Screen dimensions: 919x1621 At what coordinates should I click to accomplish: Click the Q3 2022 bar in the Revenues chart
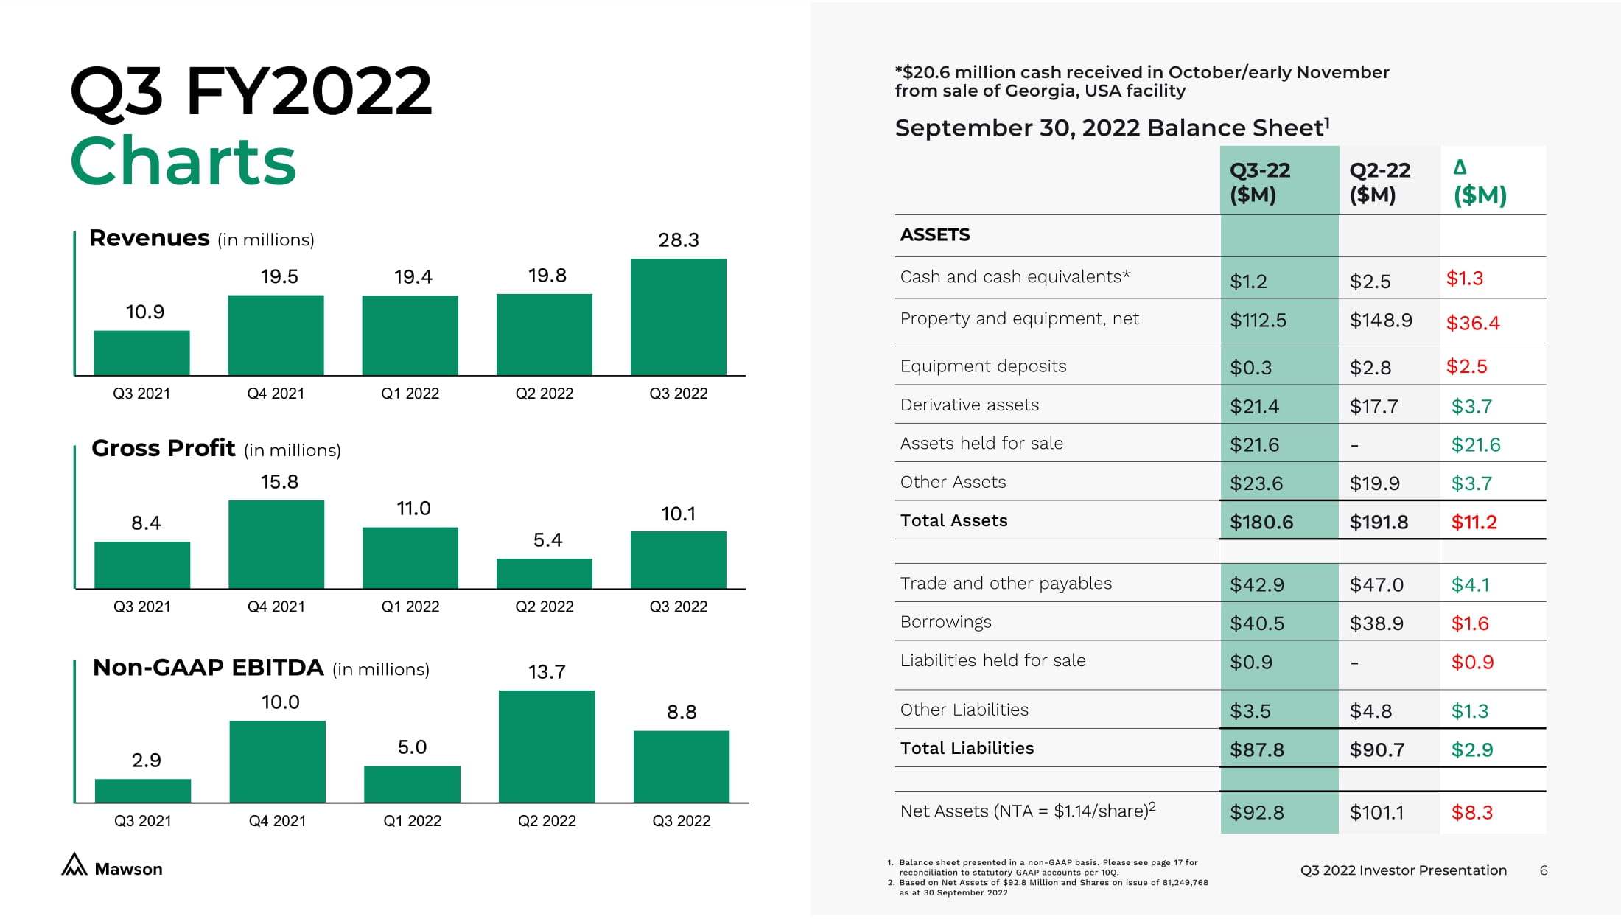click(x=678, y=317)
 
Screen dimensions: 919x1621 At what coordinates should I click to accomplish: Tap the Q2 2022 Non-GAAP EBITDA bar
click(x=546, y=746)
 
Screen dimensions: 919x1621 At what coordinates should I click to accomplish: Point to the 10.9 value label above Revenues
click(x=145, y=312)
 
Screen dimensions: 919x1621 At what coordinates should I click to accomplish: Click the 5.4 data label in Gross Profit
click(x=547, y=540)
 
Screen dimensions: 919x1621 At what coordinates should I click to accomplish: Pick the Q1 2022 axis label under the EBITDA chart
click(x=412, y=821)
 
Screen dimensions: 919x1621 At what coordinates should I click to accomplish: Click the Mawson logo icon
click(x=74, y=865)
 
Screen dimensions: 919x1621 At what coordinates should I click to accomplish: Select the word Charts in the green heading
click(x=183, y=161)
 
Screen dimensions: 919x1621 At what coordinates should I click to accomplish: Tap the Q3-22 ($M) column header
click(x=1259, y=182)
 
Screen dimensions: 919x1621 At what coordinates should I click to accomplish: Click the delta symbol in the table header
click(x=1460, y=167)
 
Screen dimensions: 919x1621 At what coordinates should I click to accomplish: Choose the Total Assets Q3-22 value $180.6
click(x=1261, y=523)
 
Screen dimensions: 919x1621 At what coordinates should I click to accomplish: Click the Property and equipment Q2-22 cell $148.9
click(x=1380, y=321)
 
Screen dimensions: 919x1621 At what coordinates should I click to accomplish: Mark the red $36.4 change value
click(x=1472, y=323)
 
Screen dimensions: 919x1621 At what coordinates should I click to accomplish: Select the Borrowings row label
click(x=945, y=622)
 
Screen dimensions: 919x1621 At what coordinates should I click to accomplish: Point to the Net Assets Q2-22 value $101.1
click(x=1376, y=813)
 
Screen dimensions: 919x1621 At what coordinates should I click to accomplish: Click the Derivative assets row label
click(x=969, y=405)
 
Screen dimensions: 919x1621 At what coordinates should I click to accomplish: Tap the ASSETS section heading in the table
click(x=934, y=235)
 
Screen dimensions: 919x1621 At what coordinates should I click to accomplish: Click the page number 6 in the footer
click(x=1543, y=870)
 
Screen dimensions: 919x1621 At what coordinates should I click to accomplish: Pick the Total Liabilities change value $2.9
click(x=1471, y=750)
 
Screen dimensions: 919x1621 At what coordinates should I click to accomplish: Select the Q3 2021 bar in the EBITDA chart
click(x=143, y=791)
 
